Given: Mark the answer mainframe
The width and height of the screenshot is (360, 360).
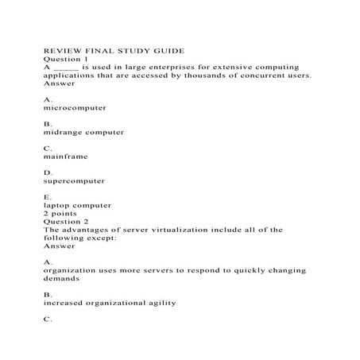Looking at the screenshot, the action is point(65,157).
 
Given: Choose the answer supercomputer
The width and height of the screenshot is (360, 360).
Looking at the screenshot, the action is point(75,181).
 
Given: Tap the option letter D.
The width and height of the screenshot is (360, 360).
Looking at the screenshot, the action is point(48,172).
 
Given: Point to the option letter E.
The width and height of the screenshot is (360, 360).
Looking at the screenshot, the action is point(48,196).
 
